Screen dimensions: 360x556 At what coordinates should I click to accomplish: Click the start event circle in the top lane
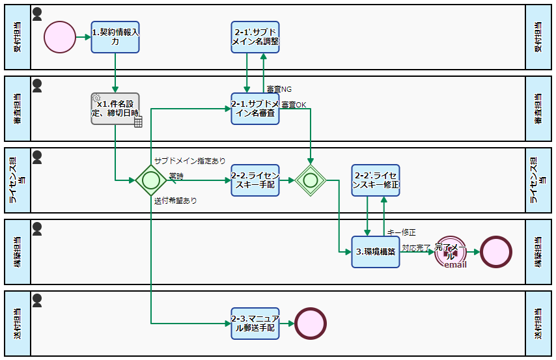pyautogui.click(x=60, y=36)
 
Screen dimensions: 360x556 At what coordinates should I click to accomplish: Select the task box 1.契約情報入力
pyautogui.click(x=115, y=36)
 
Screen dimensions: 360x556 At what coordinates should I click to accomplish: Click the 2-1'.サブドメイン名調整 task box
pyautogui.click(x=255, y=36)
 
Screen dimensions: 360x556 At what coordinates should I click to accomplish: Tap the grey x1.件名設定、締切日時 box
pyautogui.click(x=115, y=108)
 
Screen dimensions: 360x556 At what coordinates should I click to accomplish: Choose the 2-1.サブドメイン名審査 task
pyautogui.click(x=255, y=108)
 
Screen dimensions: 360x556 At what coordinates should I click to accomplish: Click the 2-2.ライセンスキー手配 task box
pyautogui.click(x=255, y=180)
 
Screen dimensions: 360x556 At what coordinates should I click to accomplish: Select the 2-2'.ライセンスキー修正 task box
pyautogui.click(x=376, y=180)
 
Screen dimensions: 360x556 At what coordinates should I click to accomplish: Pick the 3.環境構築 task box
pyautogui.click(x=376, y=251)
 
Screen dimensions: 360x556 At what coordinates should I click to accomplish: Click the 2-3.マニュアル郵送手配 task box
pyautogui.click(x=255, y=324)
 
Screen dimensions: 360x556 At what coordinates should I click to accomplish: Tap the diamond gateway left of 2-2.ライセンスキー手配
pyautogui.click(x=151, y=180)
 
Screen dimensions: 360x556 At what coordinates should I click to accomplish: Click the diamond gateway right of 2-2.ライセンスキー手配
pyautogui.click(x=311, y=180)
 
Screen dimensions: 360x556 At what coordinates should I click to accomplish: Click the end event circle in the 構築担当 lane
pyautogui.click(x=496, y=252)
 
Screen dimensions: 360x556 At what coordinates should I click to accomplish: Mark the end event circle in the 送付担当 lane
pyautogui.click(x=311, y=324)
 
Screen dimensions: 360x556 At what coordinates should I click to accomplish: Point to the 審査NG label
pyautogui.click(x=279, y=89)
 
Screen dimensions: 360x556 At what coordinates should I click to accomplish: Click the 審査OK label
pyautogui.click(x=294, y=104)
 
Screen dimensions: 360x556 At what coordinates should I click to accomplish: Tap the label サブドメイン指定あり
pyautogui.click(x=189, y=160)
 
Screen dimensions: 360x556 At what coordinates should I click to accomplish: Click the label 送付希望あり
pyautogui.click(x=175, y=201)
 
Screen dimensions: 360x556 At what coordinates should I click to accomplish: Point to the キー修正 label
pyautogui.click(x=401, y=232)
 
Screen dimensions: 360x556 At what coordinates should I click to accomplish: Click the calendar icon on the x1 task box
pyautogui.click(x=138, y=122)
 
